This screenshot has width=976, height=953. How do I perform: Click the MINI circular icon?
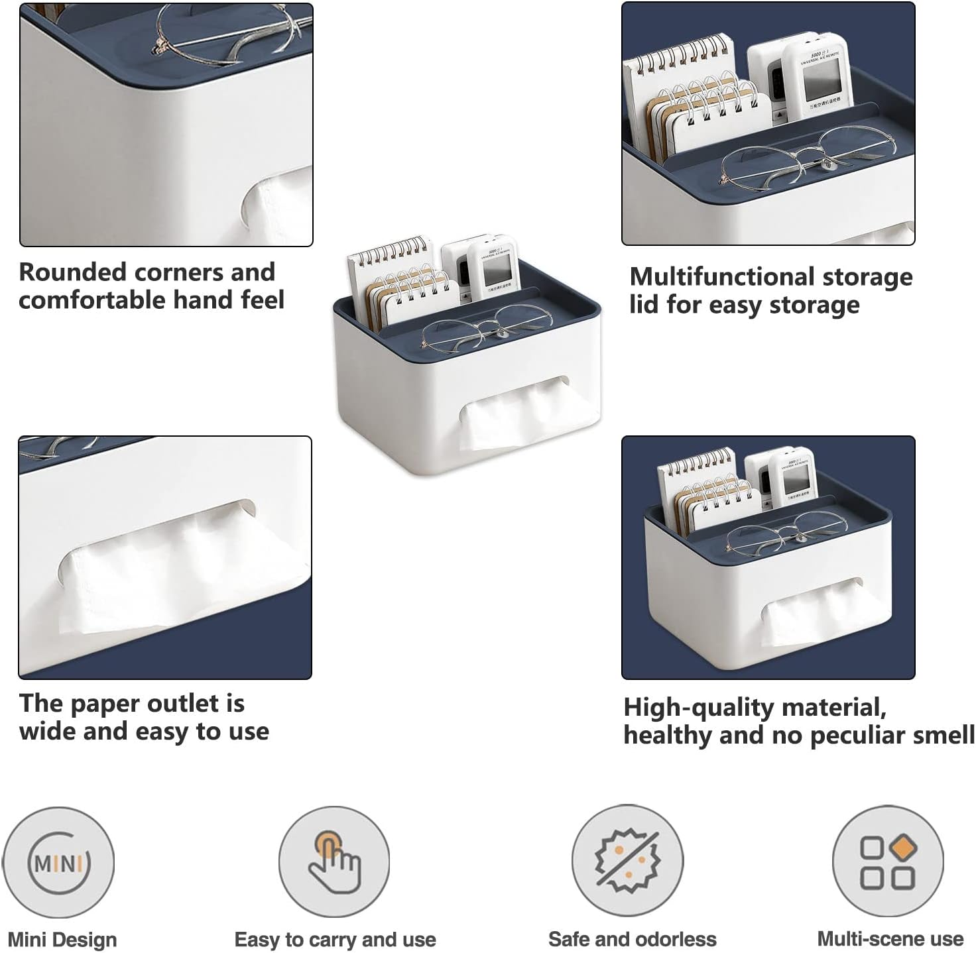coord(58,862)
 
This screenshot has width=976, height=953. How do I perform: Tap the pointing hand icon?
coord(334,862)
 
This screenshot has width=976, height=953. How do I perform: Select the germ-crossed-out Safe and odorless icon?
coord(627,861)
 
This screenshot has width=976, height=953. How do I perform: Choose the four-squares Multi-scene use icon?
coord(888,862)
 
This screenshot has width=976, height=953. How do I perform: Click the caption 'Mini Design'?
coord(62,940)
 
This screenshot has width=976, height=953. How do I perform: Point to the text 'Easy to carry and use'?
coord(335,940)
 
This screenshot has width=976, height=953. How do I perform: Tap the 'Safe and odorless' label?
coord(632,939)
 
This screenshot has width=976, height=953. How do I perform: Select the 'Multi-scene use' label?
coord(890,939)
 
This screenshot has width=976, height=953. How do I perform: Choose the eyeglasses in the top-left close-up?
coord(225,33)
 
